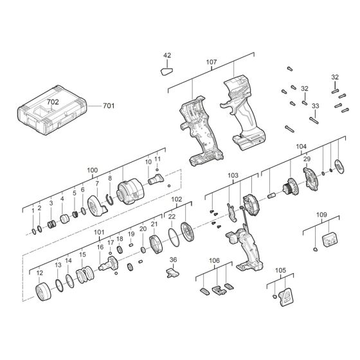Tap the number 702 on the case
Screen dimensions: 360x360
coord(53,102)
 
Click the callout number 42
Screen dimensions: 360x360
coord(167,56)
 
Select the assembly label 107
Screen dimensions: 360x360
coord(212,63)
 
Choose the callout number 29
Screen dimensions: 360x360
coord(307,159)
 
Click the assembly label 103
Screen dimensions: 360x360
coord(232,175)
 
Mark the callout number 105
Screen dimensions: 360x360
coord(280,271)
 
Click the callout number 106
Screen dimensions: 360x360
coord(214,261)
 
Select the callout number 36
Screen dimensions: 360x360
coord(172,260)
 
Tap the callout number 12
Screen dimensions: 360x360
coord(39,273)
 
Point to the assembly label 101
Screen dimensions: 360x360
coord(99,233)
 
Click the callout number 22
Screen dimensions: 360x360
coord(172,217)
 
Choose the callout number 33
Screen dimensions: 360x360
coord(315,105)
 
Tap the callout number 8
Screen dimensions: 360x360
coord(110,178)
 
